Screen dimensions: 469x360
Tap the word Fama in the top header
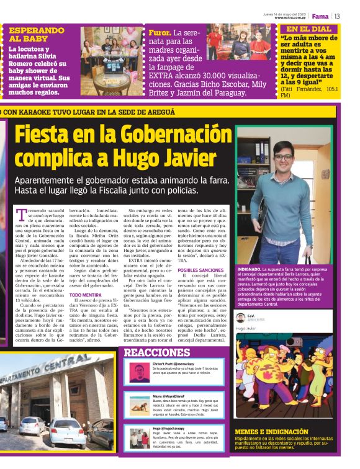coord(320,16)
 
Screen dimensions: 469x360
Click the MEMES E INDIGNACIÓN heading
coord(272,431)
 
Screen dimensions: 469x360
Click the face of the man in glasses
coord(283,156)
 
